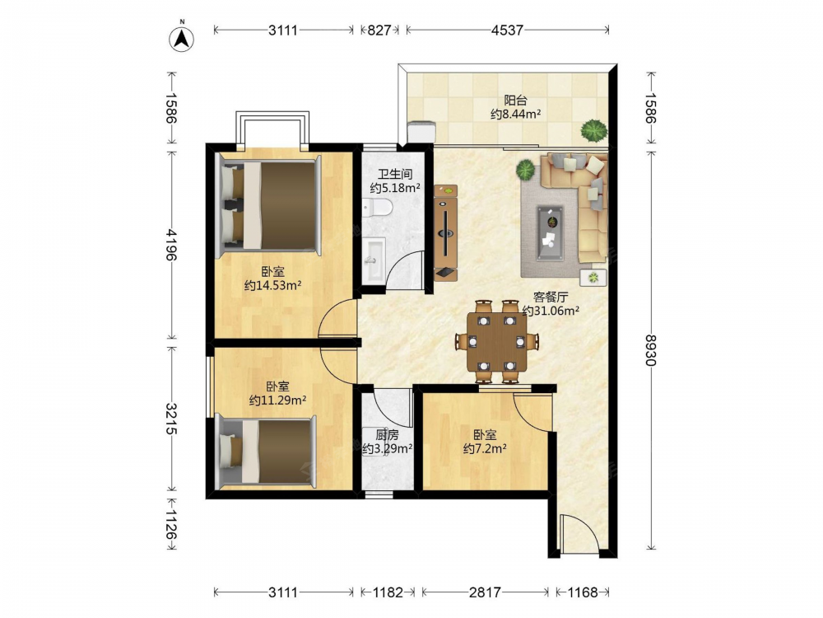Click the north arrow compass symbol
pyautogui.click(x=182, y=37)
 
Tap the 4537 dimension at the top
pyautogui.click(x=507, y=30)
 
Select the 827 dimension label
pyautogui.click(x=379, y=30)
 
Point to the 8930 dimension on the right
pyautogui.click(x=651, y=350)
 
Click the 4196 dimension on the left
pyautogui.click(x=172, y=245)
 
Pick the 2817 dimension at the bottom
pyautogui.click(x=485, y=592)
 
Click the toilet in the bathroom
pyautogui.click(x=377, y=208)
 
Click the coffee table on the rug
pyautogui.click(x=550, y=233)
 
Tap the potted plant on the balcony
pyautogui.click(x=594, y=130)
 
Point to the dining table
pyautogui.click(x=497, y=342)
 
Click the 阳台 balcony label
pyautogui.click(x=515, y=100)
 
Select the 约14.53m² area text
pyautogui.click(x=272, y=286)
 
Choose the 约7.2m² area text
pyautogui.click(x=485, y=449)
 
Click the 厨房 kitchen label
pyautogui.click(x=388, y=435)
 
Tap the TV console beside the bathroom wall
pyautogui.click(x=445, y=232)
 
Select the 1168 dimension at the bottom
pyautogui.click(x=583, y=592)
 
